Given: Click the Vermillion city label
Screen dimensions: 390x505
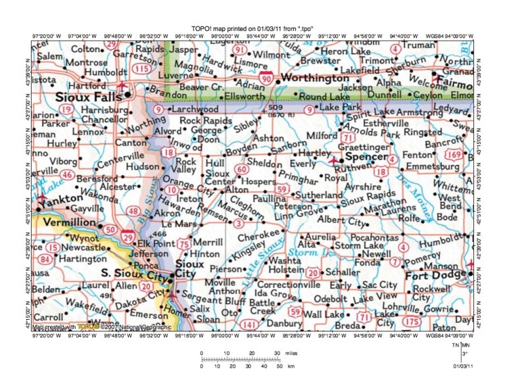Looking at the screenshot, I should pyautogui.click(x=66, y=224).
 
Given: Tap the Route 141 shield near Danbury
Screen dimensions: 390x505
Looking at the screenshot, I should pyautogui.click(x=249, y=324).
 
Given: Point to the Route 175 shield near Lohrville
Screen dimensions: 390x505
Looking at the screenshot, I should pyautogui.click(x=412, y=321).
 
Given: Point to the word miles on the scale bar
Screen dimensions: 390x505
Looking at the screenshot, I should pyautogui.click(x=291, y=354).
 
